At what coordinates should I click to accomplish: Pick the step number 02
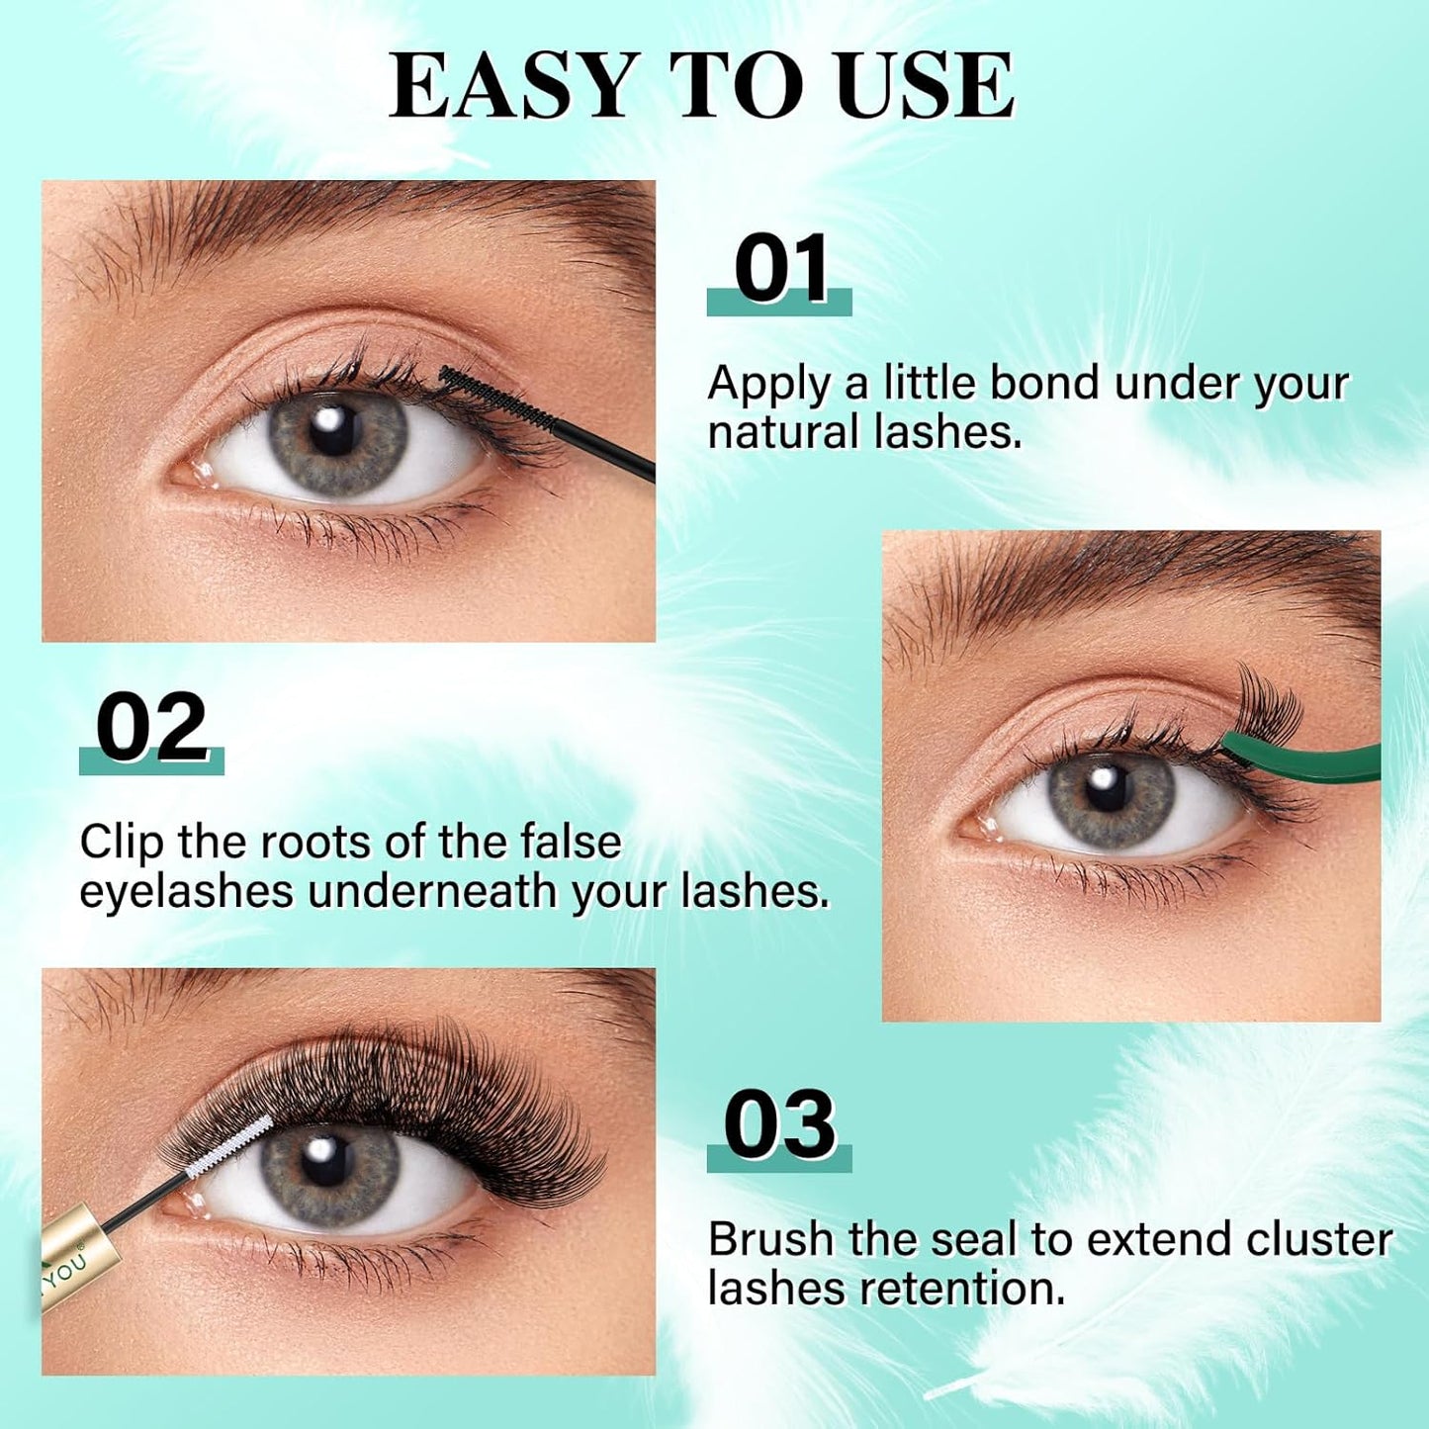tap(151, 728)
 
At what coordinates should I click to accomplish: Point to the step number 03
tap(779, 1125)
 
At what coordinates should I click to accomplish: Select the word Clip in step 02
tap(121, 843)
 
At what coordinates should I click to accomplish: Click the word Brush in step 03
tap(769, 1240)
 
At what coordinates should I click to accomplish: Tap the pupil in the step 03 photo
tap(327, 1160)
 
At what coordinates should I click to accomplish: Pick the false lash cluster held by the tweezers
tap(1268, 704)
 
